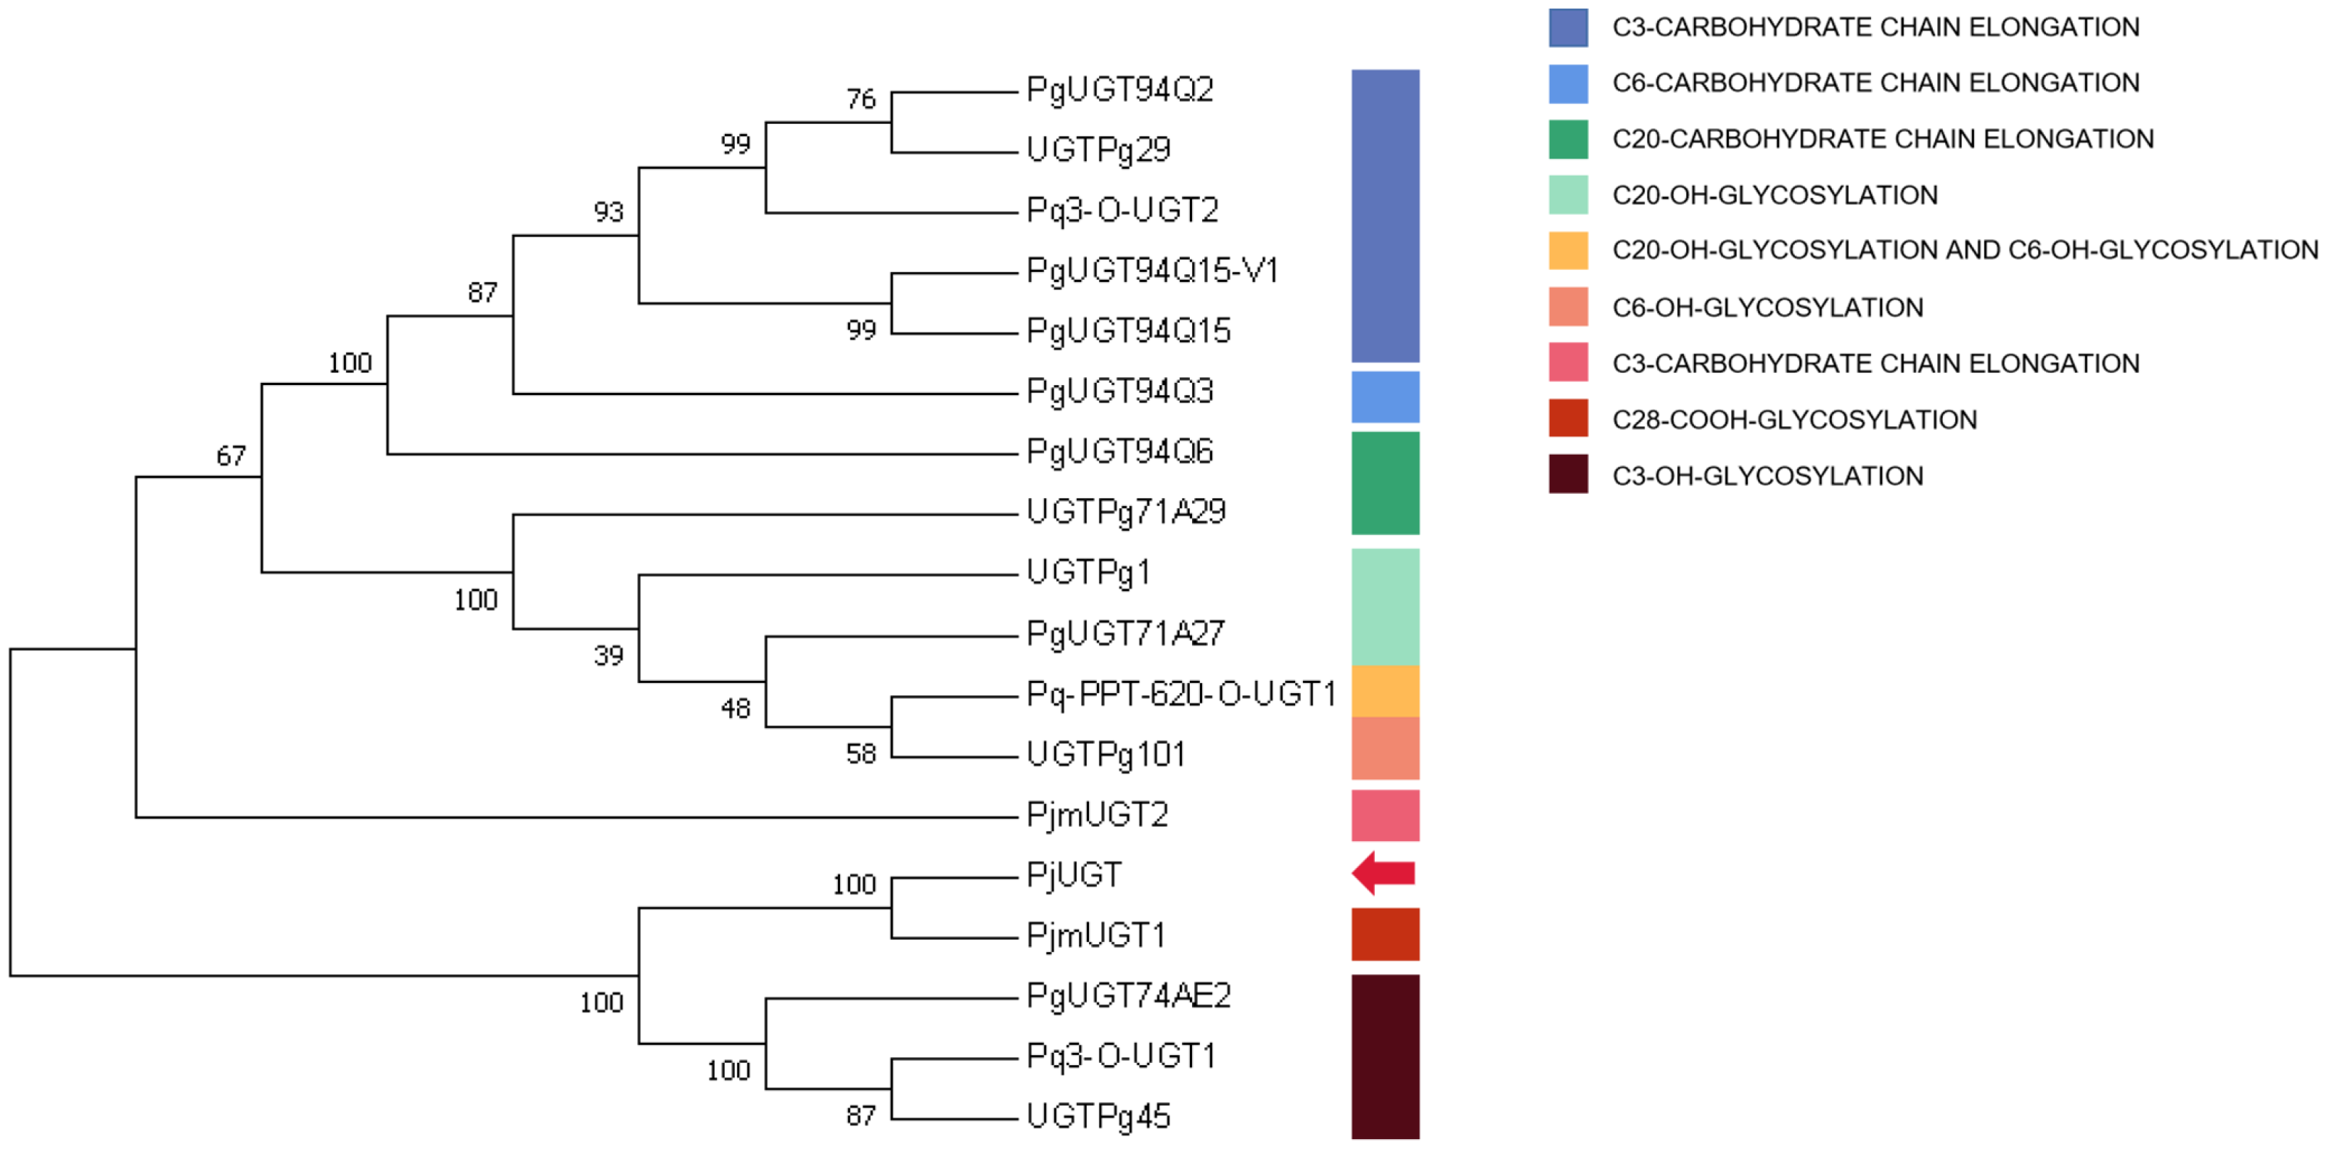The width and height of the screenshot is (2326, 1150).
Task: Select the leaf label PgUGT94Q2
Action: point(1119,90)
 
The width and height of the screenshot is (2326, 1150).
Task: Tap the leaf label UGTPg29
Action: point(1098,150)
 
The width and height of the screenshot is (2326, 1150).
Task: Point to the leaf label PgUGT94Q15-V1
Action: point(1152,270)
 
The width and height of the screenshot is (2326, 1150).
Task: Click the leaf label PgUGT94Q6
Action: point(1119,451)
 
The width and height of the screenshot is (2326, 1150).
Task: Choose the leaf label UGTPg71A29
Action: point(1126,512)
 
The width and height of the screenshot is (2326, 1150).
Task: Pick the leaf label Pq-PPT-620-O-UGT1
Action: point(1181,694)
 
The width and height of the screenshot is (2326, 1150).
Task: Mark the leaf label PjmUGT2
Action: point(1097,815)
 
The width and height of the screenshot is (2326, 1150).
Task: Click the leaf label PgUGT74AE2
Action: point(1129,996)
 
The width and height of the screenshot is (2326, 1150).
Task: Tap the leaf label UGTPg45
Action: point(1098,1117)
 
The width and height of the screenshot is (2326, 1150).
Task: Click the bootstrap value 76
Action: point(860,99)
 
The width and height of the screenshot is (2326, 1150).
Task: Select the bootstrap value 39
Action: point(608,655)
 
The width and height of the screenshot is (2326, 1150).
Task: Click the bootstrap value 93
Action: point(608,212)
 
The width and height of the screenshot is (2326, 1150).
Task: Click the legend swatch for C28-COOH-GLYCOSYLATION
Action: point(1568,419)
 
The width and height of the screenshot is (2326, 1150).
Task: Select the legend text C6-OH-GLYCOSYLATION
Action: point(1767,308)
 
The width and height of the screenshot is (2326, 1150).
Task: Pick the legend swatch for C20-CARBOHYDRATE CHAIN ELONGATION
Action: point(1568,139)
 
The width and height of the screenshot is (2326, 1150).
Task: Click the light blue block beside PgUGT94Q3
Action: point(1384,397)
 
